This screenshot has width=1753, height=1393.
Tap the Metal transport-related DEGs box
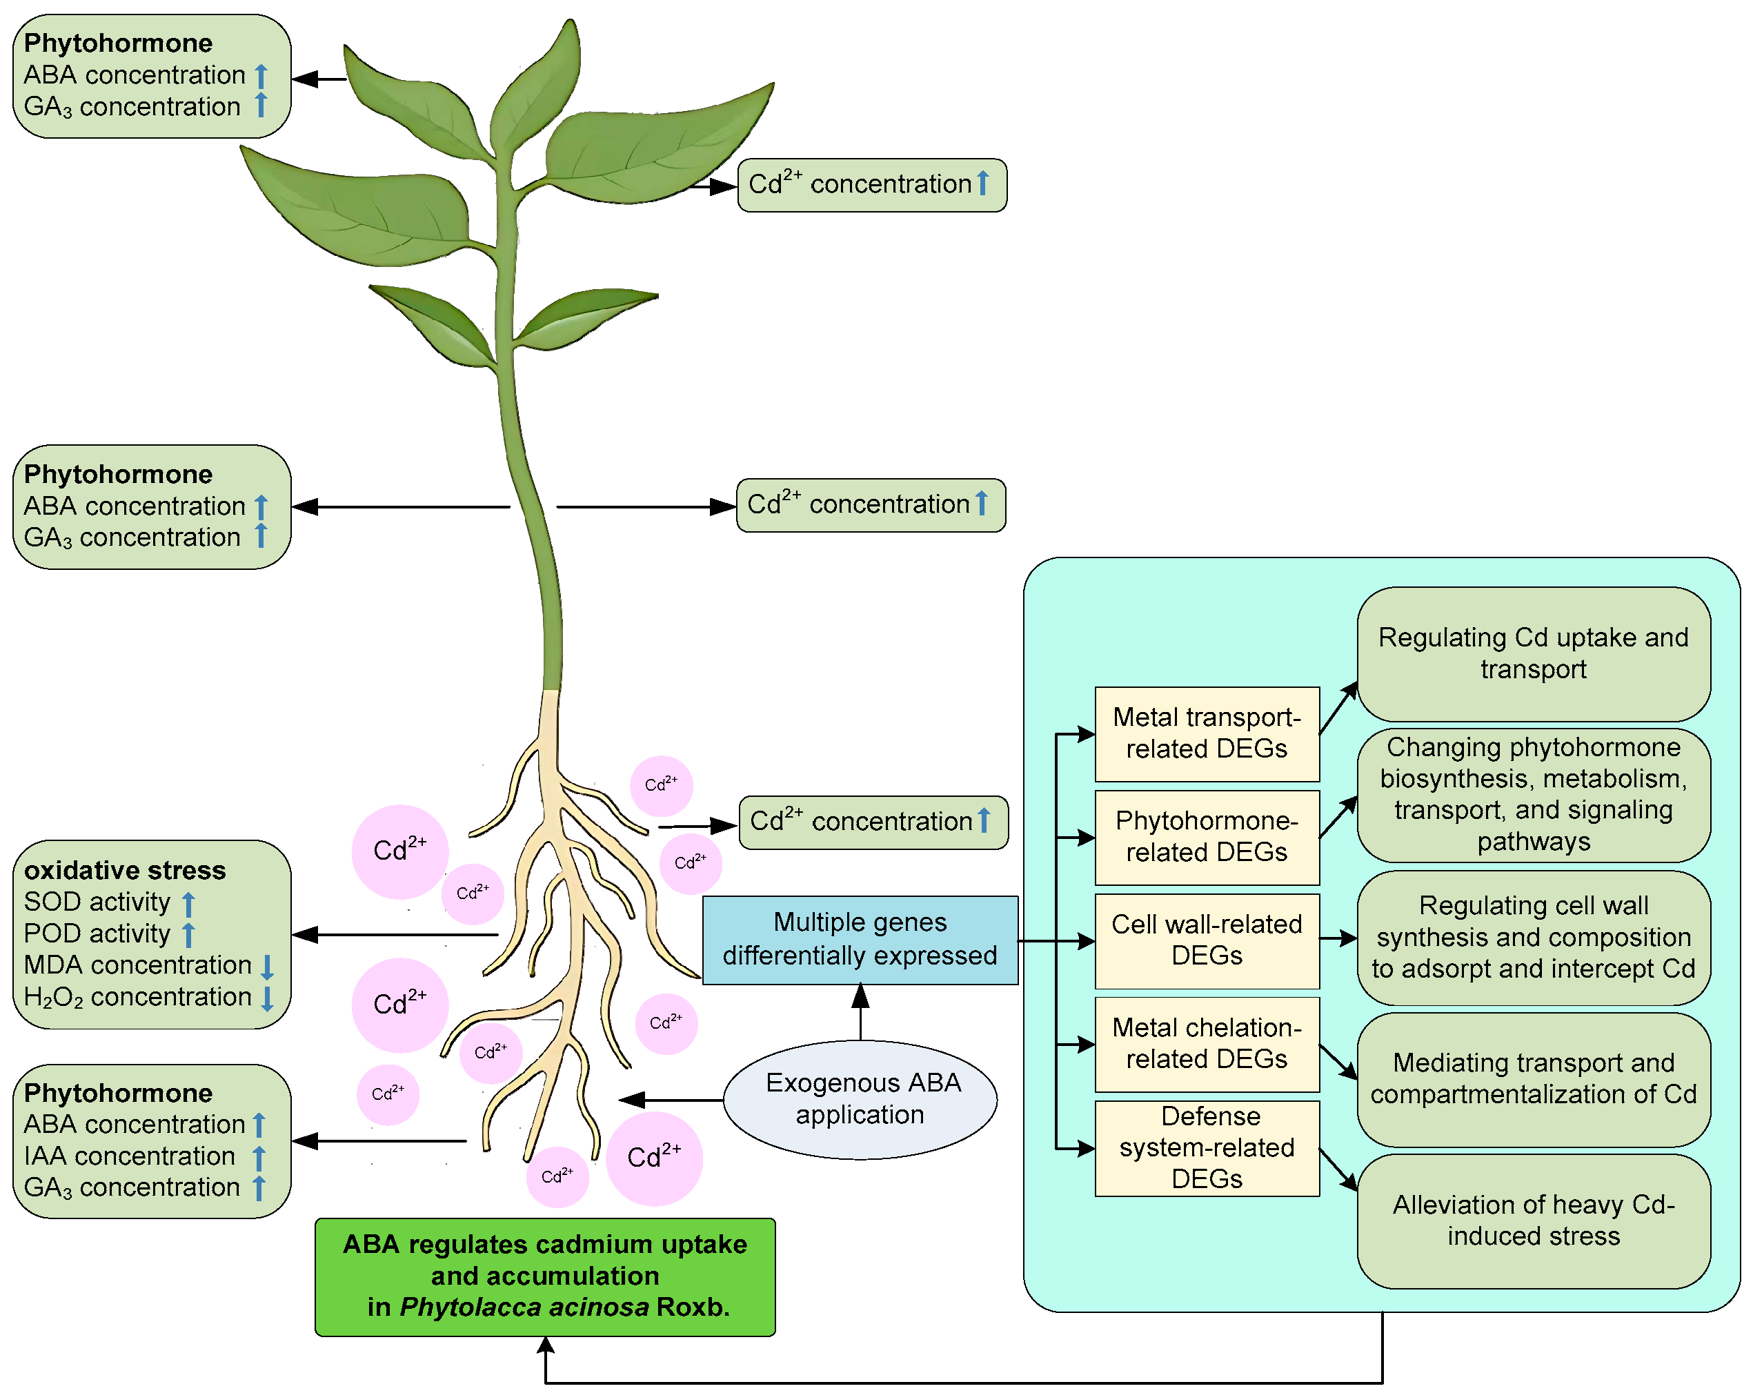coord(1206,733)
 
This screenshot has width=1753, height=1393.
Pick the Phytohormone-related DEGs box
coord(1206,836)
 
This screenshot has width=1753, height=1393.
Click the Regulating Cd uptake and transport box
coord(1533,653)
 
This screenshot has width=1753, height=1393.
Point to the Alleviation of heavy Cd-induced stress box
coord(1533,1220)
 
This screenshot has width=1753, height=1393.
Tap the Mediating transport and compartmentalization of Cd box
coord(1533,1078)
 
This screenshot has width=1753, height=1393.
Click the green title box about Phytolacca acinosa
coord(545,1275)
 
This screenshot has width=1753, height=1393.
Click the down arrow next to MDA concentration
coord(267,966)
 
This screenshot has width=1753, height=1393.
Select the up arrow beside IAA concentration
coord(259,1157)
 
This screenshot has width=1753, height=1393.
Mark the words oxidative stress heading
coord(124,870)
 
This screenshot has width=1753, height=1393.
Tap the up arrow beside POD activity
coord(188,934)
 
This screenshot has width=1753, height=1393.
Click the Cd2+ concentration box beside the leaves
coord(871,185)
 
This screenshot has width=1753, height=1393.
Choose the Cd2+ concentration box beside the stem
coord(870,505)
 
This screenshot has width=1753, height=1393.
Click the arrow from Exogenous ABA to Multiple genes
coord(860,1011)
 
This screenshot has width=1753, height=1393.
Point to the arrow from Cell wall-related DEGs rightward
coord(1338,938)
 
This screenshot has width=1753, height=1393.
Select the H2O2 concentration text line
coord(137,997)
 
